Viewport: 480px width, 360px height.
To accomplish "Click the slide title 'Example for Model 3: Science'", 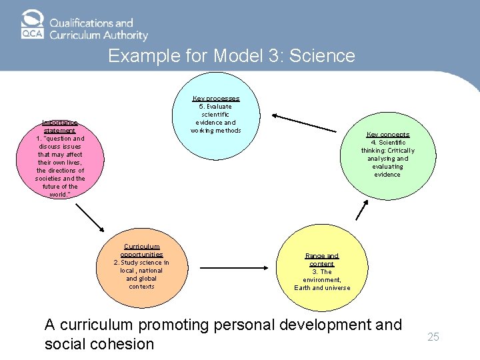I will [231, 55].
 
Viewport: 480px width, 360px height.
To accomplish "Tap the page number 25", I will [433, 337].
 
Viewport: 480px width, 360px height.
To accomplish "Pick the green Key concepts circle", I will [387, 155].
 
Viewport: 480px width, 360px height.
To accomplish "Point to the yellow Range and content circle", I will [322, 269].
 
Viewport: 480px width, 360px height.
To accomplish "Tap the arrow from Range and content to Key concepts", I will [362, 209].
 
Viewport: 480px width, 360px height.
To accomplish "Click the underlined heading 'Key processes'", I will [216, 99].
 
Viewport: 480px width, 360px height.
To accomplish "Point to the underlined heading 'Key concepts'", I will [387, 135].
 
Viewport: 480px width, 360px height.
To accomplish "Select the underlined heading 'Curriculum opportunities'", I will [141, 250].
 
